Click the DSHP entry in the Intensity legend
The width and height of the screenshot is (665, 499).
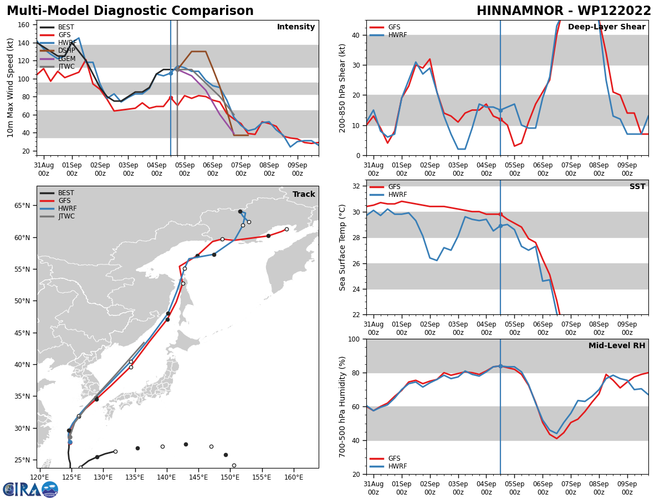(x=66, y=50)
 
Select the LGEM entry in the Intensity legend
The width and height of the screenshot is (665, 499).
(x=66, y=59)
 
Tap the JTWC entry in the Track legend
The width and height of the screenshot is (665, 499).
(x=66, y=216)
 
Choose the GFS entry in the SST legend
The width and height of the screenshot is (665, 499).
(x=394, y=187)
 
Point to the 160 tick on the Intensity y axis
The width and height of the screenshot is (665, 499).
(x=27, y=25)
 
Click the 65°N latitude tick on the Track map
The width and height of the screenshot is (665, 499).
(x=23, y=206)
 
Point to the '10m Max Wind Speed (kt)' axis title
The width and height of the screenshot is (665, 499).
(x=11, y=88)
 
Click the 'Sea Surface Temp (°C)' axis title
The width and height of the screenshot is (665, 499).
(x=342, y=247)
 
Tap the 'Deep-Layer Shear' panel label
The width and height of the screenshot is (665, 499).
(x=606, y=27)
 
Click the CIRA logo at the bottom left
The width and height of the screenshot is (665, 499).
(x=30, y=489)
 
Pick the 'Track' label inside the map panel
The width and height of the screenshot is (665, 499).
(x=304, y=195)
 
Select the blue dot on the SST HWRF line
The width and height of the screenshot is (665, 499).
(x=500, y=226)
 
